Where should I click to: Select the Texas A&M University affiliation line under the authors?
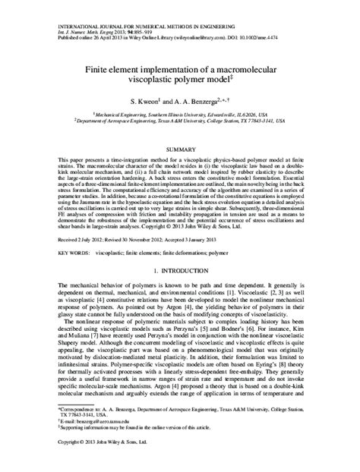point(180,119)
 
